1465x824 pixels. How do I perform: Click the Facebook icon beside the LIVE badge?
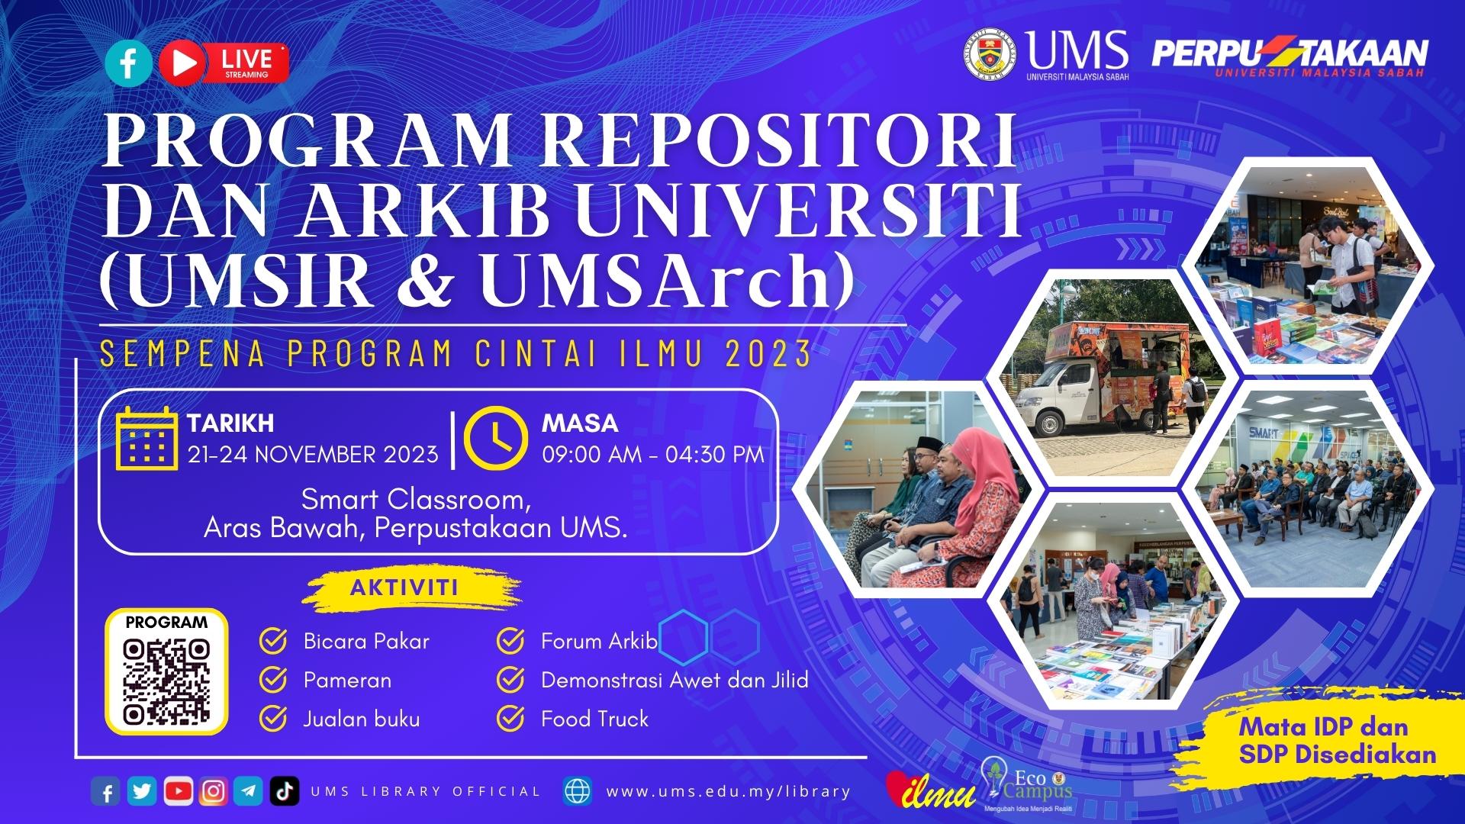(128, 62)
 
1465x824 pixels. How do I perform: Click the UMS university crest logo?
(990, 54)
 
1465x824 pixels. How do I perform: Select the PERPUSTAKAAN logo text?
(1290, 53)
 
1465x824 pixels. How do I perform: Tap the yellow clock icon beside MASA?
(496, 439)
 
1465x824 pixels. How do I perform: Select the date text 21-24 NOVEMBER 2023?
(313, 455)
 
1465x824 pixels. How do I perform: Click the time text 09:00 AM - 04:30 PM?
(653, 455)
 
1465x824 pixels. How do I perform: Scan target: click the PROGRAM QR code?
(166, 681)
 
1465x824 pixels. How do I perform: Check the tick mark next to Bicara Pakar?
(273, 641)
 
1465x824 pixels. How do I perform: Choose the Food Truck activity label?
(594, 719)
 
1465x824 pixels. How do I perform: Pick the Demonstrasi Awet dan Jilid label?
(675, 680)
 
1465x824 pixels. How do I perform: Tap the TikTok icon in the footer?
(284, 791)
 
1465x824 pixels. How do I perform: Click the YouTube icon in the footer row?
(178, 791)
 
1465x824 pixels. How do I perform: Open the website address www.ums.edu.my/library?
(728, 791)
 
